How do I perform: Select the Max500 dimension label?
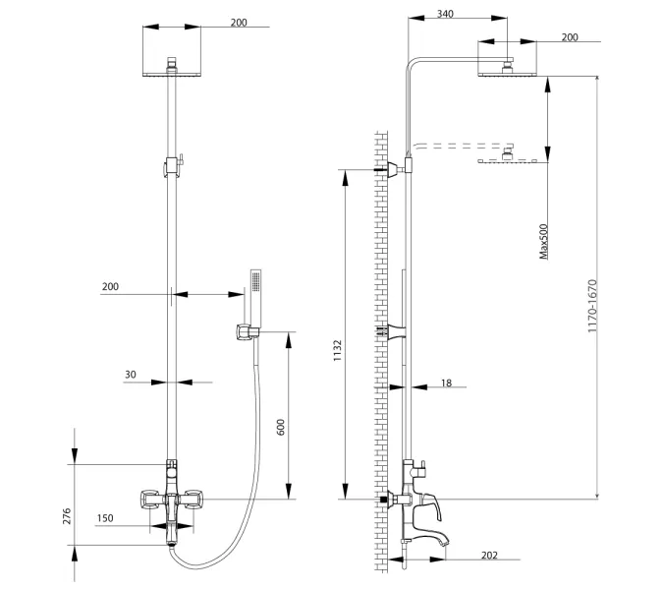click(543, 241)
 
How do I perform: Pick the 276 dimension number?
click(68, 516)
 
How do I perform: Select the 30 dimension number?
click(131, 374)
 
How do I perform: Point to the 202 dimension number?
click(488, 556)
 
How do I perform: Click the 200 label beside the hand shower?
click(110, 286)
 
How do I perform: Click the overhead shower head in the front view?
click(172, 71)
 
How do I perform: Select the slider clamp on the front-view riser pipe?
click(173, 164)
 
